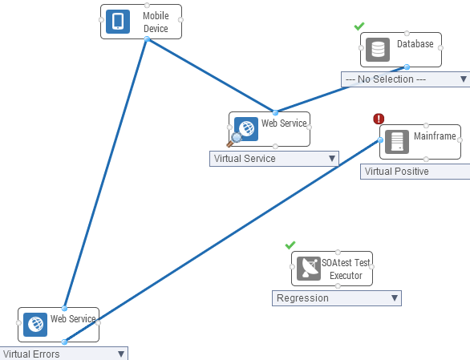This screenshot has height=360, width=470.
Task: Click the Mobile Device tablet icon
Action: pos(118,22)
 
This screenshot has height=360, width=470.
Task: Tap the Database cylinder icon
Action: pos(378,50)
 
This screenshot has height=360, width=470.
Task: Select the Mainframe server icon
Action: pos(397,142)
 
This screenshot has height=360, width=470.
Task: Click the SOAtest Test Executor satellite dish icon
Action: pos(309,269)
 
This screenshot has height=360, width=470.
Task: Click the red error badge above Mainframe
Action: pos(379,119)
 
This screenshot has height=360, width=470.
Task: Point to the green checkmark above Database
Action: pos(359,26)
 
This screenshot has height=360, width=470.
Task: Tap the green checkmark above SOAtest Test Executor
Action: pos(290,245)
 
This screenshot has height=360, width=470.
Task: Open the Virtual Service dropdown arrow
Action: pos(332,158)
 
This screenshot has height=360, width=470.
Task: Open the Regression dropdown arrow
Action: pos(395,298)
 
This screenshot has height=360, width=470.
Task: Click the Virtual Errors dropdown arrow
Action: pos(121,354)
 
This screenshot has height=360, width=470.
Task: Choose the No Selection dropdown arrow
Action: pos(464,79)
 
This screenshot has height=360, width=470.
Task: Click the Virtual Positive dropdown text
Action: pos(396,172)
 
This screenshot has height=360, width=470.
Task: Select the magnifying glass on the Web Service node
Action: pos(234,140)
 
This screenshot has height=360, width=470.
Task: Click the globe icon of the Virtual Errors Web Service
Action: pos(35,325)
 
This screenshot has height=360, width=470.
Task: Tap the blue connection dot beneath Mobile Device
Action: pos(147,39)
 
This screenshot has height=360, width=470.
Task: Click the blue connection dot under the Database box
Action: pos(407,67)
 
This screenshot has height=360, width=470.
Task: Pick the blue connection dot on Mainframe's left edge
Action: pos(380,140)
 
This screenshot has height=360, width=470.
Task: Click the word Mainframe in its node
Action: pos(435,136)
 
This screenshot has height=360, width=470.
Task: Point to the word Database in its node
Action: pos(415,44)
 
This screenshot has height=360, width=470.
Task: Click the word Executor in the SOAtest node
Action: pos(346,276)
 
